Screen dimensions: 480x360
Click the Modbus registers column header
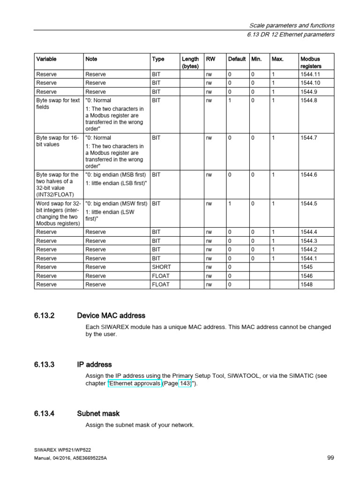[x=310, y=62]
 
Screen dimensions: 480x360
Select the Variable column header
[x=46, y=59]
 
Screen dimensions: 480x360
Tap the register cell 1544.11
[x=310, y=74]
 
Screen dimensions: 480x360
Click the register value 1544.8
[x=309, y=100]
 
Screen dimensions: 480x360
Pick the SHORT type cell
[x=162, y=267]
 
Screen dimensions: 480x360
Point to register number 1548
[x=306, y=285]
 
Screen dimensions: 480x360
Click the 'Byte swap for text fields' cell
[x=58, y=104]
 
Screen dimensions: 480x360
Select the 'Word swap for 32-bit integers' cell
[x=58, y=214]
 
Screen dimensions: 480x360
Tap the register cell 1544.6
[x=309, y=175]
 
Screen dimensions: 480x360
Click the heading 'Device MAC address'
[x=111, y=315]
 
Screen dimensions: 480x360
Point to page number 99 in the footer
[x=330, y=458]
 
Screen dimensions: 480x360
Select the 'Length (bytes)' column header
[x=190, y=62]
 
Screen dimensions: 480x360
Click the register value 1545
[x=306, y=267]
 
